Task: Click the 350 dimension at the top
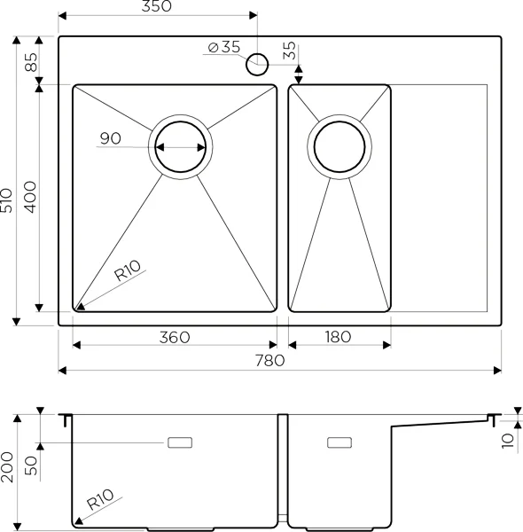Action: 156,7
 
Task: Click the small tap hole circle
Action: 257,62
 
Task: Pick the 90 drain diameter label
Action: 111,138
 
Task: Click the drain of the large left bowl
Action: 181,147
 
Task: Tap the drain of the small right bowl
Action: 338,147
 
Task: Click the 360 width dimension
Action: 175,337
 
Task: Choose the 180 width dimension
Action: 338,337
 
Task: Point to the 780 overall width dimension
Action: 269,360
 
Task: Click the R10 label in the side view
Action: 98,504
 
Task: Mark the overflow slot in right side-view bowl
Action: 340,442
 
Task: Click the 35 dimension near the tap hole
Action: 290,51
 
